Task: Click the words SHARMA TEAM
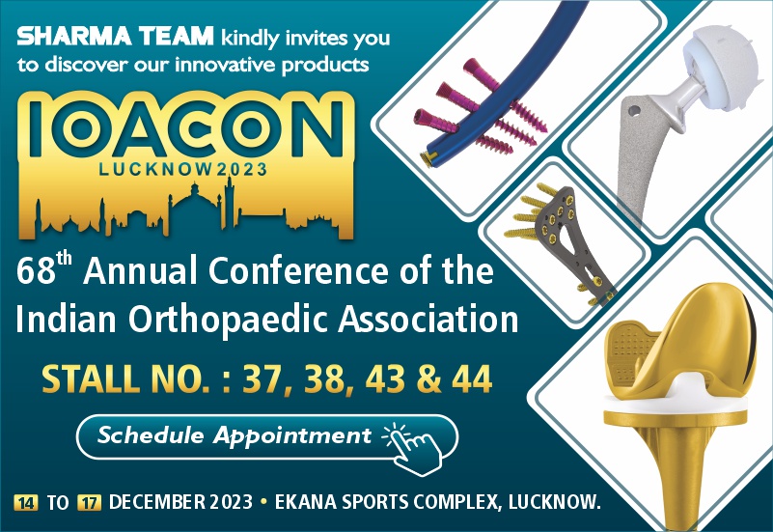(115, 37)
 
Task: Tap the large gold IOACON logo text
(186, 127)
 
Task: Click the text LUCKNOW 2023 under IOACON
(183, 170)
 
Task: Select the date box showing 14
(26, 502)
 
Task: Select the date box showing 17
(89, 502)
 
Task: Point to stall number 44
(472, 378)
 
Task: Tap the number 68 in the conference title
(36, 271)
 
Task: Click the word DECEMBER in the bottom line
(156, 502)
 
